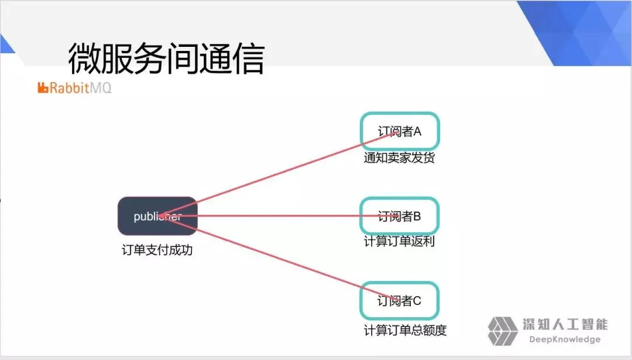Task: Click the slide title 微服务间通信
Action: [x=166, y=59]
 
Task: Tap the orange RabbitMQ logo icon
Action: [x=43, y=87]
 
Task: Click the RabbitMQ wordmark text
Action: [x=81, y=87]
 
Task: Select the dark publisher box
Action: [x=157, y=216]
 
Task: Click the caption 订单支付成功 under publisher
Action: [x=157, y=250]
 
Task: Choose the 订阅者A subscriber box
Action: [x=400, y=132]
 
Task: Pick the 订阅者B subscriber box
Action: [x=400, y=216]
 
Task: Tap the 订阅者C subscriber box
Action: [x=400, y=301]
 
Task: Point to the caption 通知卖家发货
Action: [x=399, y=157]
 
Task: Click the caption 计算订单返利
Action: [x=399, y=242]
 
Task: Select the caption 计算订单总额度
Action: [x=405, y=330]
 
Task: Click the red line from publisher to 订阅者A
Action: [x=278, y=174]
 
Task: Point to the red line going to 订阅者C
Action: [x=278, y=258]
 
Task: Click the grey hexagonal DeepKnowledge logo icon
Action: [x=503, y=331]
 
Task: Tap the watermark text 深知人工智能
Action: [x=565, y=324]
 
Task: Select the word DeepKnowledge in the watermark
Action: [x=565, y=340]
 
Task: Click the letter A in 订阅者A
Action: [x=417, y=132]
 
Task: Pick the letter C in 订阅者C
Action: [x=417, y=301]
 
